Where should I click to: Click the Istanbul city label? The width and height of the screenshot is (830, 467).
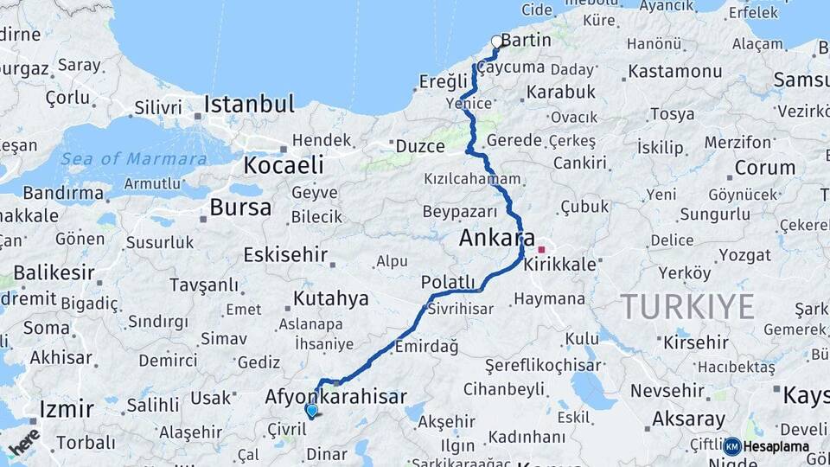tap(249, 105)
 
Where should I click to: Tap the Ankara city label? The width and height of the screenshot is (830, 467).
tap(497, 238)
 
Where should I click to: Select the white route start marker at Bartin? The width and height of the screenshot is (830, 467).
tap(496, 41)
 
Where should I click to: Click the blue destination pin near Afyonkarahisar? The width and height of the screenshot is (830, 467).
tap(311, 411)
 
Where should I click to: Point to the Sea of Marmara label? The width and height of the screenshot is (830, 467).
tap(135, 158)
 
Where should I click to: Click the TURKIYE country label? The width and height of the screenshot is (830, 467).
tap(686, 306)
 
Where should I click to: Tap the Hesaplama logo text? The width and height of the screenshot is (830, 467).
tap(776, 446)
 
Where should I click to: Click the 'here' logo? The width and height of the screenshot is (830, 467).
tap(24, 441)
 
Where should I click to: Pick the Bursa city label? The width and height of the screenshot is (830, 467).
tap(240, 208)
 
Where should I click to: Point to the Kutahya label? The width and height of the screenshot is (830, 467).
tap(330, 298)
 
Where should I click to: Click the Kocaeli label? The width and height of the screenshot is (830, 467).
tap(284, 164)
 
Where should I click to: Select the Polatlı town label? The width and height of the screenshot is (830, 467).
tap(448, 282)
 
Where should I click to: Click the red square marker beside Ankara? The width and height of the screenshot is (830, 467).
tap(541, 249)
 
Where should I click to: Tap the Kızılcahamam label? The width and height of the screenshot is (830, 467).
tap(473, 179)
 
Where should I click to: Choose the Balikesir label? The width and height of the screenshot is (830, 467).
tap(54, 272)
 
